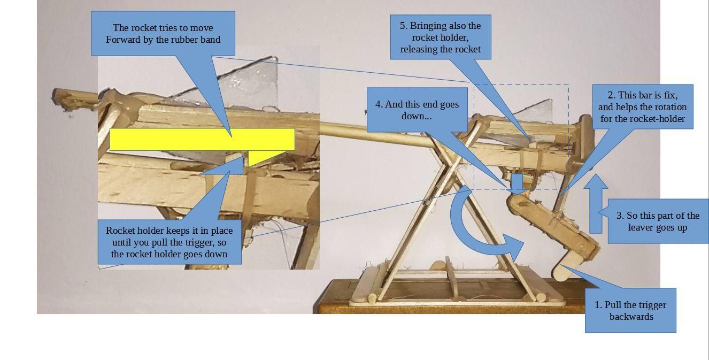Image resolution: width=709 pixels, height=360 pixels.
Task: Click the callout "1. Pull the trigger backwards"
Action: click(630, 310)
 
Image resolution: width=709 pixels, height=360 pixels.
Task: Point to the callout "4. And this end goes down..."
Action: click(417, 110)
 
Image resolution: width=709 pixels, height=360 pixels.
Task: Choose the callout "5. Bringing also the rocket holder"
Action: click(440, 37)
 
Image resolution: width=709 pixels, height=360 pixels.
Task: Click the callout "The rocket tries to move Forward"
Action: click(163, 33)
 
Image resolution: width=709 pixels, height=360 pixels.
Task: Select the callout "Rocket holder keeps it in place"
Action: click(169, 242)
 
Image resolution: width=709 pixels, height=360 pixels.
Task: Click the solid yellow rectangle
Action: click(202, 139)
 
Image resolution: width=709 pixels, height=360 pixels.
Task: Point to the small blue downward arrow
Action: click(517, 183)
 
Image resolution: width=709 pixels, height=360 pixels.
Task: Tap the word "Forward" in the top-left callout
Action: click(125, 40)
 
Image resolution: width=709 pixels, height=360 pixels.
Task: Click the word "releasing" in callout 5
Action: click(419, 49)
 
